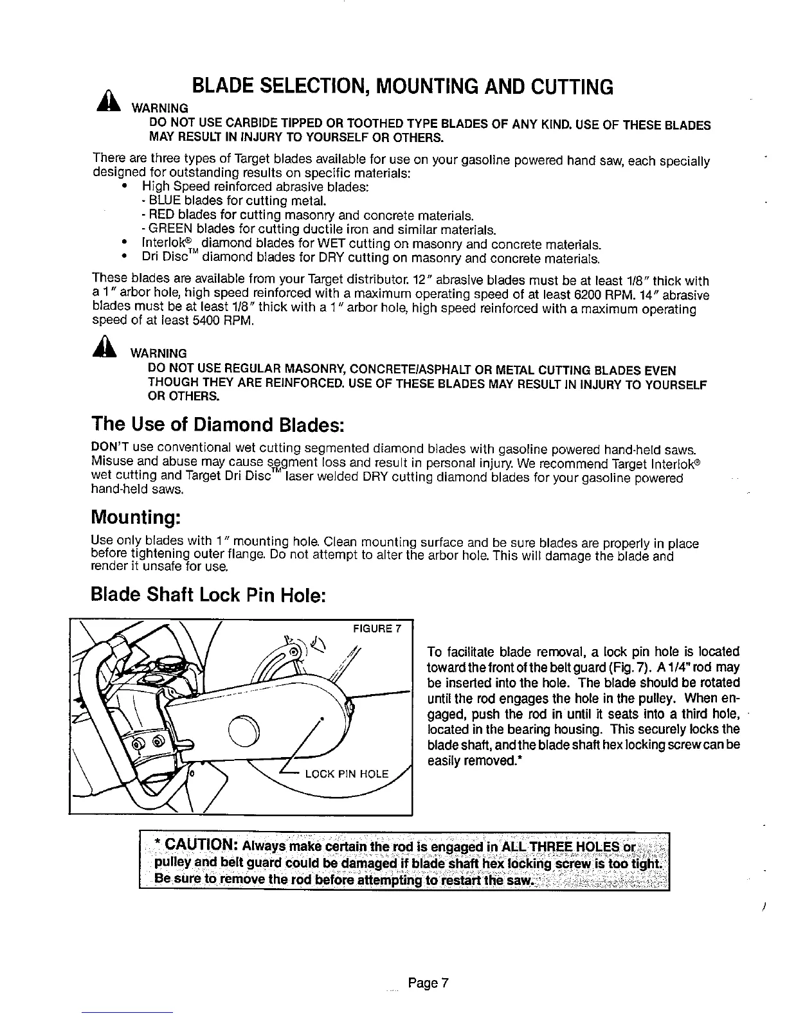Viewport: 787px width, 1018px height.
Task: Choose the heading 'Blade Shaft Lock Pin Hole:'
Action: pos(210,595)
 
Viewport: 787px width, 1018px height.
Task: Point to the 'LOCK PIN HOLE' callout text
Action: pos(347,773)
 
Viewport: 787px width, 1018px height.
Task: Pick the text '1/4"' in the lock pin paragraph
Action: pos(666,667)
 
